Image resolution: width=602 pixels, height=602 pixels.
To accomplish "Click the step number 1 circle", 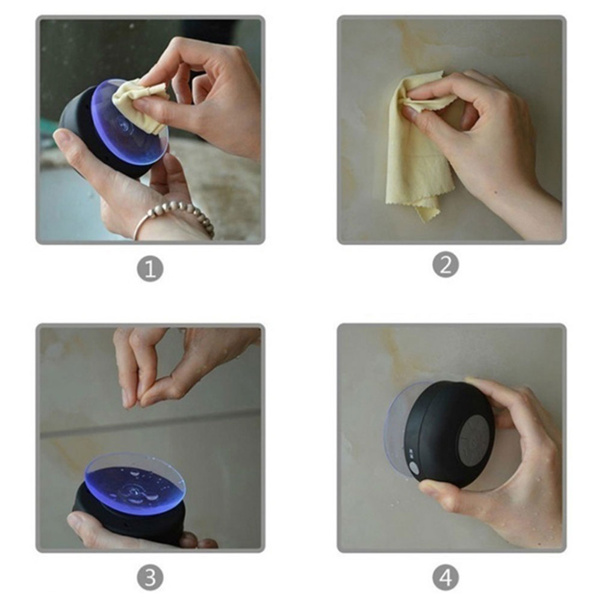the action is (150, 268).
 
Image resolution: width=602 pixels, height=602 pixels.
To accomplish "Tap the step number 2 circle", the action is (445, 264).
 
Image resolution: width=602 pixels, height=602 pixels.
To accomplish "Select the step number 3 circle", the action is (150, 577).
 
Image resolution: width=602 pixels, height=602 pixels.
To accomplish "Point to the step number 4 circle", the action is (445, 577).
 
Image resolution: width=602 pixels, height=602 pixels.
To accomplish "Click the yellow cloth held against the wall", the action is (418, 146).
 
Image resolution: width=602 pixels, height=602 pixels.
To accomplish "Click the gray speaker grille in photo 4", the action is (475, 440).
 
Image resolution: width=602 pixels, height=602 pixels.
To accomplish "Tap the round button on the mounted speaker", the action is (414, 468).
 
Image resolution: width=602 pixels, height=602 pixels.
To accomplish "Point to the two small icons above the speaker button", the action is (410, 453).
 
